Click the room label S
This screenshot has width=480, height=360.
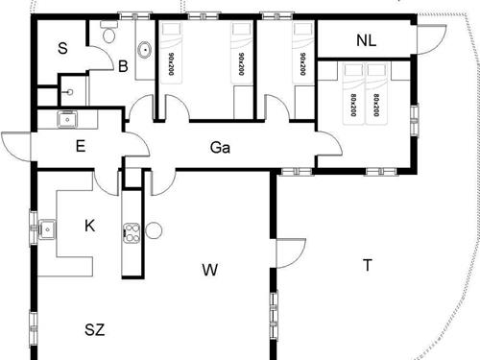pyautogui.click(x=61, y=49)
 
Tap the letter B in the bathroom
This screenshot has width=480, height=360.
pyautogui.click(x=123, y=66)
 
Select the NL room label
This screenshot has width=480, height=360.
pyautogui.click(x=366, y=40)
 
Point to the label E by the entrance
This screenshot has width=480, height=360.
pyautogui.click(x=81, y=147)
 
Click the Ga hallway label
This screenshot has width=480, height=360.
pyautogui.click(x=220, y=148)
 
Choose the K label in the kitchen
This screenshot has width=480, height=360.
pyautogui.click(x=89, y=227)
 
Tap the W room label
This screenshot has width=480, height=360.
pyautogui.click(x=209, y=270)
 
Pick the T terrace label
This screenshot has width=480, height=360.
pyautogui.click(x=367, y=265)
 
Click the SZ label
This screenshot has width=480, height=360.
pyautogui.click(x=94, y=330)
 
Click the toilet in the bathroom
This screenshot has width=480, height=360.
pyautogui.click(x=108, y=35)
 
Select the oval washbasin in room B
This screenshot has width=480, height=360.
pyautogui.click(x=144, y=52)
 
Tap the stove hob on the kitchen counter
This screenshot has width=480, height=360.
pyautogui.click(x=132, y=231)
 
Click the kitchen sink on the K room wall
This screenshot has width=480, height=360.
pyautogui.click(x=46, y=228)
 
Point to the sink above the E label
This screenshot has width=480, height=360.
pyautogui.click(x=67, y=120)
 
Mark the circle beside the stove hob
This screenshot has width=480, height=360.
pyautogui.click(x=154, y=230)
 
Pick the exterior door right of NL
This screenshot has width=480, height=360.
pyautogui.click(x=431, y=38)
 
